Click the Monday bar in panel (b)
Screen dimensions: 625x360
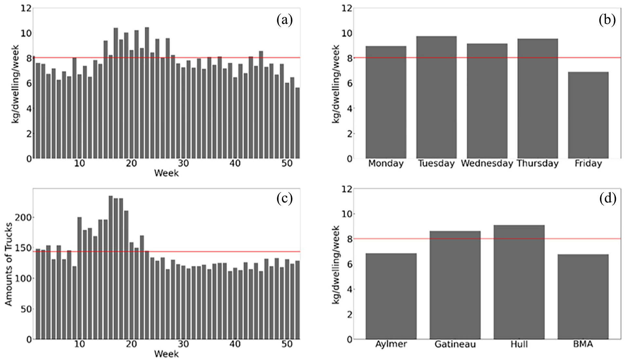tap(386, 102)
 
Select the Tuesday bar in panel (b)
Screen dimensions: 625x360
tap(436, 97)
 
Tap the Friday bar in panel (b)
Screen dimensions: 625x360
tap(588, 115)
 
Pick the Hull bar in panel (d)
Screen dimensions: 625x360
tap(519, 282)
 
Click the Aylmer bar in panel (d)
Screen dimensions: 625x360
tap(391, 296)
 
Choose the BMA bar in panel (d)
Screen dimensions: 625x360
tap(583, 297)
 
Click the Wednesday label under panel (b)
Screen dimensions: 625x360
tap(487, 164)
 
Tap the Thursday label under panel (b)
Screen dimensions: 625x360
tap(538, 164)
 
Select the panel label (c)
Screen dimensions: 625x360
tap(285, 198)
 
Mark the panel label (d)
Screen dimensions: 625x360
tap(608, 198)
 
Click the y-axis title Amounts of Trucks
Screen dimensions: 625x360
tap(8, 264)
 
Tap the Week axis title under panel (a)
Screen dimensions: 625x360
tap(166, 173)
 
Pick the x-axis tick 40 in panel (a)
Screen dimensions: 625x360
tap(235, 164)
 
